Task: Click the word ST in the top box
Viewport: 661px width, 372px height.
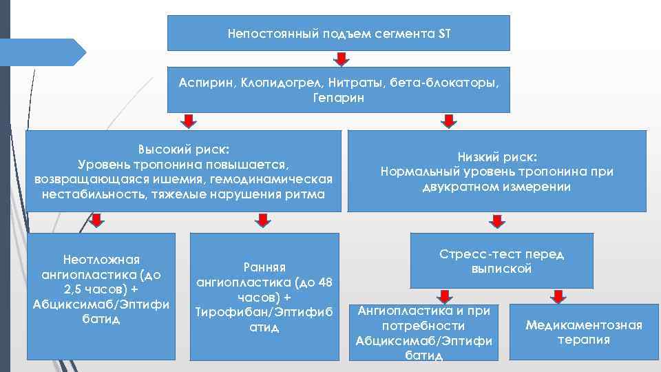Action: (x=443, y=33)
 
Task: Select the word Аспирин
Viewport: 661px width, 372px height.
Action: (x=206, y=83)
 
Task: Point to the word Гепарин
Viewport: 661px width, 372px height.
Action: (x=338, y=98)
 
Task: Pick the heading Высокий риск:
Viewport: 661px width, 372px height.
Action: (x=184, y=149)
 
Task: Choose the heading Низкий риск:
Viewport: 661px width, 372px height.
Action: (x=497, y=156)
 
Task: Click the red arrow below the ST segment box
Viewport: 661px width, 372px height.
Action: (x=338, y=59)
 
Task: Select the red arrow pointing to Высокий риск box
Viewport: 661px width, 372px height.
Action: (x=186, y=121)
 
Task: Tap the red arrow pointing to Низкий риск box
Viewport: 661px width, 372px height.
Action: (x=448, y=121)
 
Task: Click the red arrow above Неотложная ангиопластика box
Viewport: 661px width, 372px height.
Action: (x=97, y=220)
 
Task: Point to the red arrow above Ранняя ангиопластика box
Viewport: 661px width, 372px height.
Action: (x=262, y=220)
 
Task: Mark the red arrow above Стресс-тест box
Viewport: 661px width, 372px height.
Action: (x=494, y=220)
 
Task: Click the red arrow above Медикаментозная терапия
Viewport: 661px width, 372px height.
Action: (x=558, y=296)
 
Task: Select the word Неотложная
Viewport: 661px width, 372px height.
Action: (x=101, y=260)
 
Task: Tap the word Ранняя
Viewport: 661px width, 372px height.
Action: (x=265, y=267)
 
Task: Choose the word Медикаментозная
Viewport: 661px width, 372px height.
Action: (x=584, y=325)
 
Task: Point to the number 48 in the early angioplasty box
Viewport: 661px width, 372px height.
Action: (x=324, y=282)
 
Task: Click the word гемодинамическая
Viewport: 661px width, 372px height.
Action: (x=284, y=179)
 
